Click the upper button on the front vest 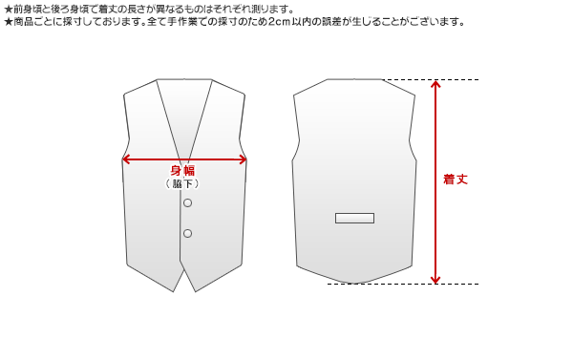(x=187, y=203)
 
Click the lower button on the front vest (x=187, y=233)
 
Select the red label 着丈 (x=456, y=180)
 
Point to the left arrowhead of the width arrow (x=125, y=159)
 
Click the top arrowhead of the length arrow (x=435, y=84)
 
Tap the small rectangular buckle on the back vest (x=354, y=218)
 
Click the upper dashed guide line (x=449, y=80)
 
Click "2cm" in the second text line (x=278, y=21)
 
